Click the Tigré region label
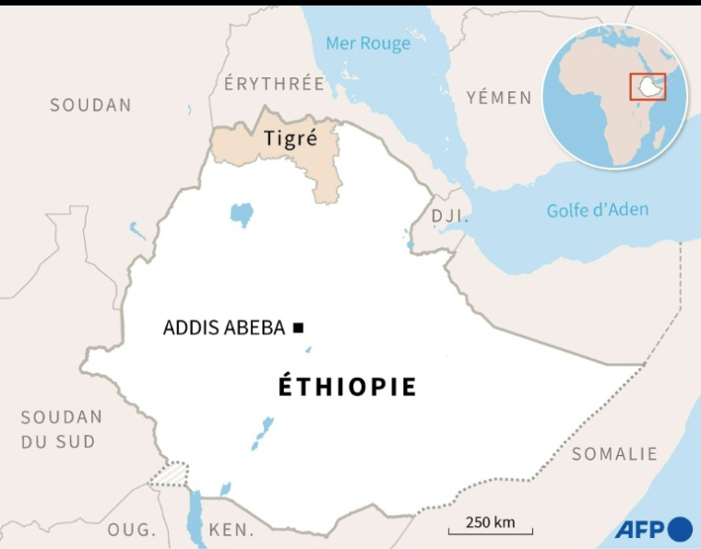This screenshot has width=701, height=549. (290, 139)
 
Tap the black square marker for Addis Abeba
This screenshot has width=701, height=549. (298, 327)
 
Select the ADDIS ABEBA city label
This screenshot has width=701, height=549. (223, 328)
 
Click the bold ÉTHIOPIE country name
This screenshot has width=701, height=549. (348, 387)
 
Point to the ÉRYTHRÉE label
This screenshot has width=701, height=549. (274, 84)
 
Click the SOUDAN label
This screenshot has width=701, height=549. (90, 105)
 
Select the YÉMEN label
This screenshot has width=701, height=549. (499, 98)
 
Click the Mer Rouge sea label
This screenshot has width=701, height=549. (368, 43)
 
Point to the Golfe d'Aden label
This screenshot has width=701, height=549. (597, 210)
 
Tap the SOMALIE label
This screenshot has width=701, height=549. (614, 453)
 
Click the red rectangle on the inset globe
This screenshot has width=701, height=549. (648, 86)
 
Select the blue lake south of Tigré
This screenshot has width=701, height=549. (242, 216)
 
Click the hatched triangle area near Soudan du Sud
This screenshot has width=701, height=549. (170, 473)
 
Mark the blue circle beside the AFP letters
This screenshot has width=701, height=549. (680, 529)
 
